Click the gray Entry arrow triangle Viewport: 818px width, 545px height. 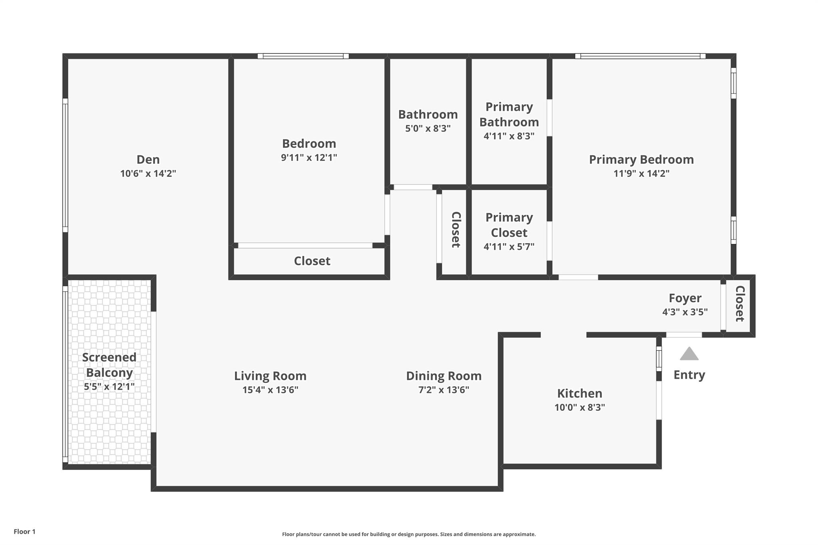[x=689, y=354]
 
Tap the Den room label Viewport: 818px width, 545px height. [x=148, y=160]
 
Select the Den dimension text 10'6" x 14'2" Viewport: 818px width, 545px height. [x=148, y=174]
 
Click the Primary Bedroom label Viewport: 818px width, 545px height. [x=641, y=160]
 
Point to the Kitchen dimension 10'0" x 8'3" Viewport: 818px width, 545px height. [x=580, y=408]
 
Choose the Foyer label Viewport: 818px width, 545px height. [x=685, y=298]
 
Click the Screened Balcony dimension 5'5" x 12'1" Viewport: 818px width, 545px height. [x=109, y=387]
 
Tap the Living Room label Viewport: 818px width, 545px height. [x=270, y=376]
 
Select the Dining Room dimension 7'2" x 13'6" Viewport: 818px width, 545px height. [x=444, y=390]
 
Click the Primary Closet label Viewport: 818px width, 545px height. [x=509, y=225]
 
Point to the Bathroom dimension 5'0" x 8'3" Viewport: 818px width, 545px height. [x=428, y=129]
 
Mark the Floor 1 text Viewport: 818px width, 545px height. [x=25, y=532]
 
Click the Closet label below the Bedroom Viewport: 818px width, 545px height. [x=312, y=261]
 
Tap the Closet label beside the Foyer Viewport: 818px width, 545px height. [x=740, y=303]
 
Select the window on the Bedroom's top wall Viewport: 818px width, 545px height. [x=303, y=56]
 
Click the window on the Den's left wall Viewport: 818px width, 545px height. [x=65, y=165]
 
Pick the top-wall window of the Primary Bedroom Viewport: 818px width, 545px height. [x=640, y=56]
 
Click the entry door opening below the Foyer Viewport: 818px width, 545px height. [x=684, y=335]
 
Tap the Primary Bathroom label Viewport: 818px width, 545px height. [x=509, y=115]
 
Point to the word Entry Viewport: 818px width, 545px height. [x=689, y=375]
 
